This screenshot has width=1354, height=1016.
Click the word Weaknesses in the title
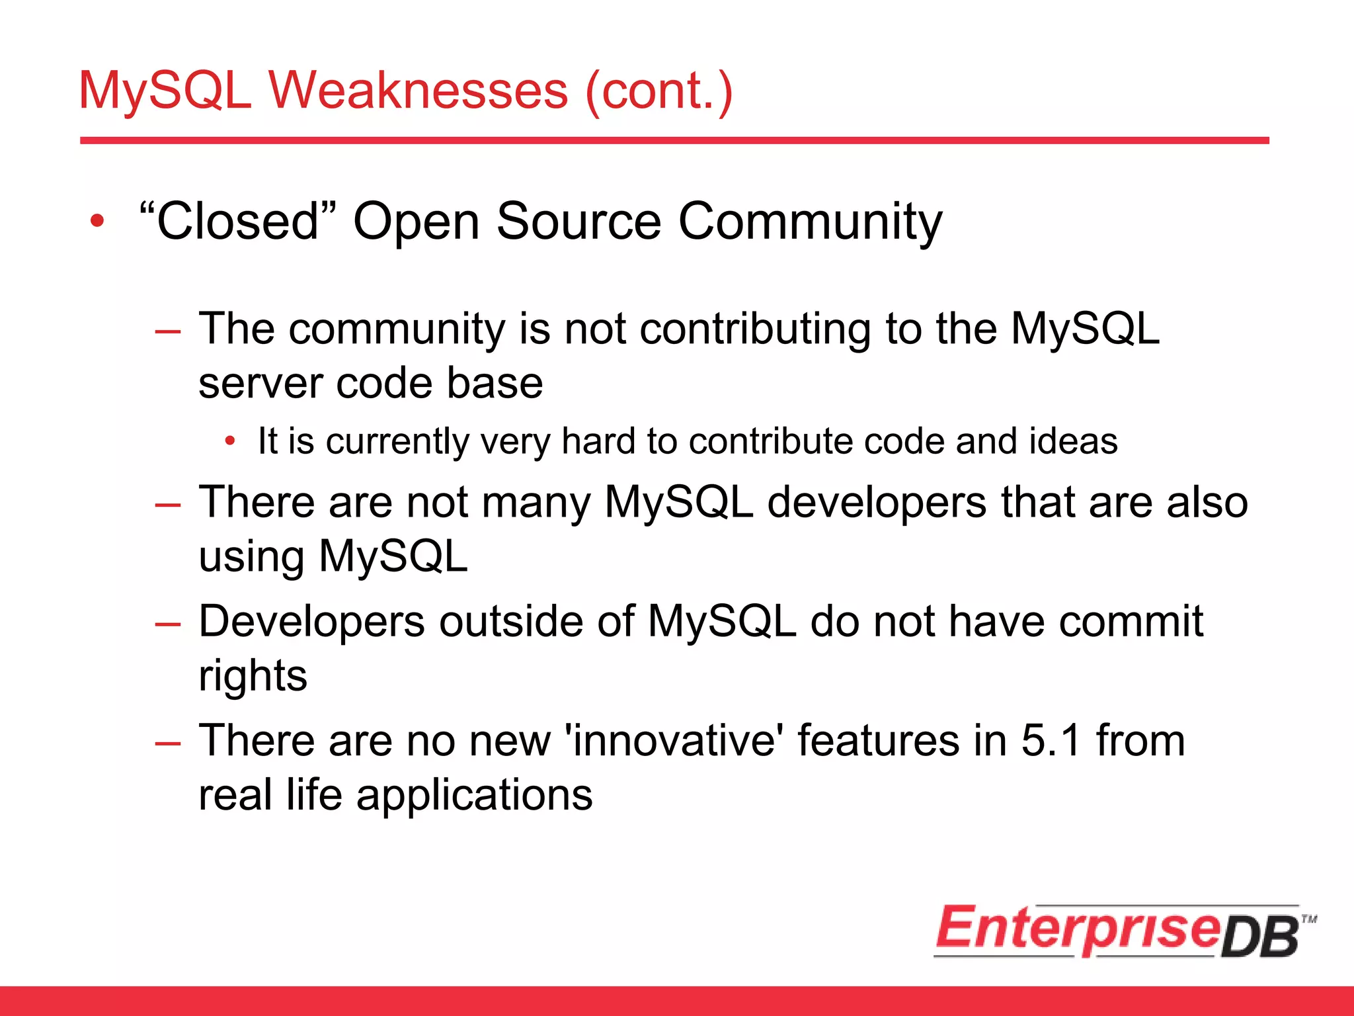tap(418, 91)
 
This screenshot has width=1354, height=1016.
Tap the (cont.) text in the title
tap(659, 91)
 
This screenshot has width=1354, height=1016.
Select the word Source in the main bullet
tap(578, 221)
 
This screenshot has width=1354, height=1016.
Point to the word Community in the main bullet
tap(811, 222)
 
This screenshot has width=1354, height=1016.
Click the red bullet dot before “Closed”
tap(97, 221)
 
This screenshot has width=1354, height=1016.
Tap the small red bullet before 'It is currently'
tap(229, 441)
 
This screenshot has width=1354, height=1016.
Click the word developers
tap(877, 503)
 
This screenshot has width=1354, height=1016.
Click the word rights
tap(253, 676)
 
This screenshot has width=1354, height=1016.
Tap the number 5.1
tap(1051, 740)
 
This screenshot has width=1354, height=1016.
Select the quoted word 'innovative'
tap(674, 740)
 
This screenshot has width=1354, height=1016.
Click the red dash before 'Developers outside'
tap(167, 624)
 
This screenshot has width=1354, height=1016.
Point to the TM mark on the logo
tap(1308, 919)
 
